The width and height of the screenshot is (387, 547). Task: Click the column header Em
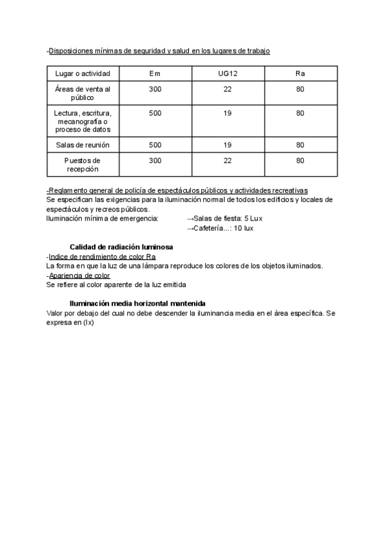(x=155, y=74)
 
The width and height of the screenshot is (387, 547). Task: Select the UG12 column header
(x=227, y=74)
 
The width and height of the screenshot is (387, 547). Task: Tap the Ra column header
(x=300, y=74)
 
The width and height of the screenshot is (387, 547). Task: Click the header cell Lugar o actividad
(x=83, y=74)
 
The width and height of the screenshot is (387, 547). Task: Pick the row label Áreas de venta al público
(x=83, y=94)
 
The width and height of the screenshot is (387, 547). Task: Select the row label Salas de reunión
(x=83, y=144)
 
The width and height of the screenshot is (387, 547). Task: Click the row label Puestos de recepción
(x=83, y=164)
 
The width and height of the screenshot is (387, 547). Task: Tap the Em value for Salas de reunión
(x=155, y=144)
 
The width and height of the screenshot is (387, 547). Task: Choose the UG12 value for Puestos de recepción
(x=227, y=161)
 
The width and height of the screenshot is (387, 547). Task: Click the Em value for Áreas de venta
(x=155, y=89)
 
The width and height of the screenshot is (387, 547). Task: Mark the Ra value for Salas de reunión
(x=300, y=144)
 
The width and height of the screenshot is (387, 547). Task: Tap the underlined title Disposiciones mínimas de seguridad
(x=159, y=50)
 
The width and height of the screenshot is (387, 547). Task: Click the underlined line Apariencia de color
(x=79, y=275)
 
